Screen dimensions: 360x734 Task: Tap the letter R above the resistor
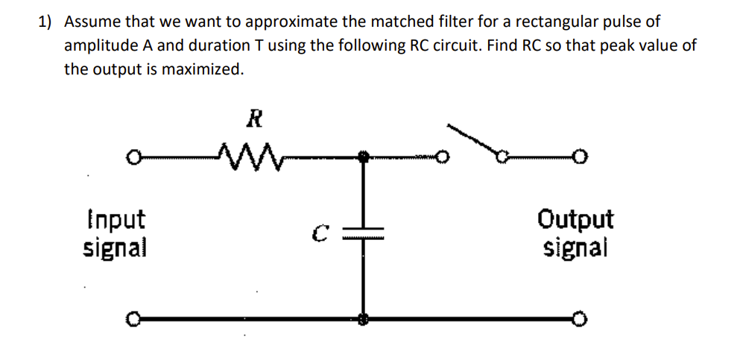pyautogui.click(x=253, y=118)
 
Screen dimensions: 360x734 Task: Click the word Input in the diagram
pyautogui.click(x=114, y=220)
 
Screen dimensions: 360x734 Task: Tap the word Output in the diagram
pyautogui.click(x=575, y=220)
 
